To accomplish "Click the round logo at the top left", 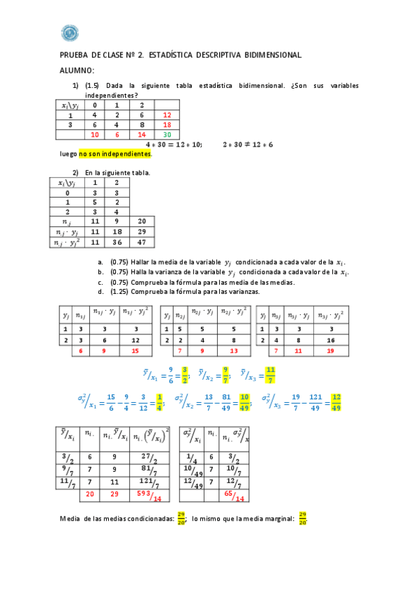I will pos(70,32).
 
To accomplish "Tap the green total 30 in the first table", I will pos(167,135).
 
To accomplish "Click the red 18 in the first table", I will pos(167,125).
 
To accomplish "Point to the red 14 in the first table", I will pos(142,135).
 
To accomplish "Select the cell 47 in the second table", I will pos(142,242).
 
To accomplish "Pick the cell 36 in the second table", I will pos(117,242).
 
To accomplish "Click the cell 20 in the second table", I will pos(142,220).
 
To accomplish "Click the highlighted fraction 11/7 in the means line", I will pos(271,376).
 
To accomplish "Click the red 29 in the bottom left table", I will pos(114,493).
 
